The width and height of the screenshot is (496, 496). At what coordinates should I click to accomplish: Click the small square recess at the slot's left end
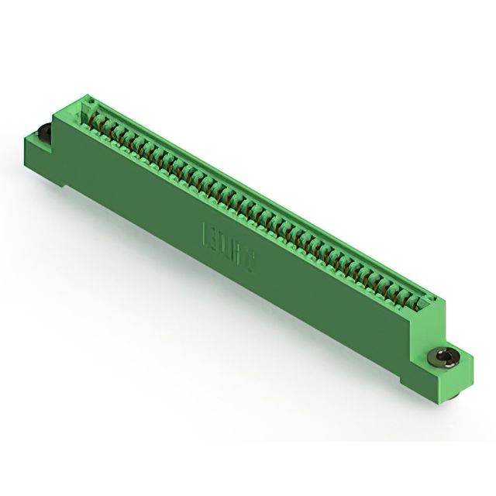coord(87,104)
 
